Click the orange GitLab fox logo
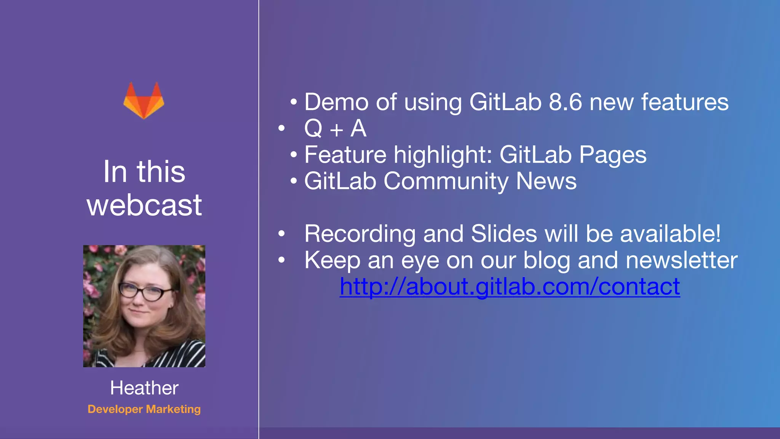(144, 101)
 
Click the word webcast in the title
(144, 205)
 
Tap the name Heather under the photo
(144, 388)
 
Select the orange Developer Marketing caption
(144, 409)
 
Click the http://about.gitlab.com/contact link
(510, 287)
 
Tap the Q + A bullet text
(335, 128)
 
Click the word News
(546, 181)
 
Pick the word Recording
(360, 234)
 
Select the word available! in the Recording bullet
(670, 234)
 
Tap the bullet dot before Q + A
(281, 128)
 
